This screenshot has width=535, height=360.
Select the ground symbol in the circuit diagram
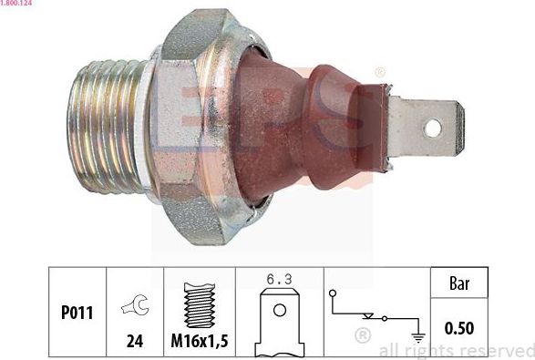coord(418,334)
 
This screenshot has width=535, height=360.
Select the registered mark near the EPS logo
coord(379,71)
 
